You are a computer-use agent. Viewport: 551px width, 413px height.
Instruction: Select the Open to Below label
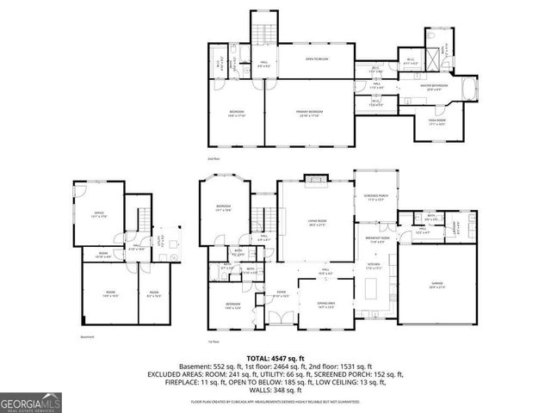coord(318,59)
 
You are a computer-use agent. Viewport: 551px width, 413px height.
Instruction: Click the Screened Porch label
coord(375,199)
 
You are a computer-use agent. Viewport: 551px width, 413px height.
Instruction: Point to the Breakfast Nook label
coord(375,239)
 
